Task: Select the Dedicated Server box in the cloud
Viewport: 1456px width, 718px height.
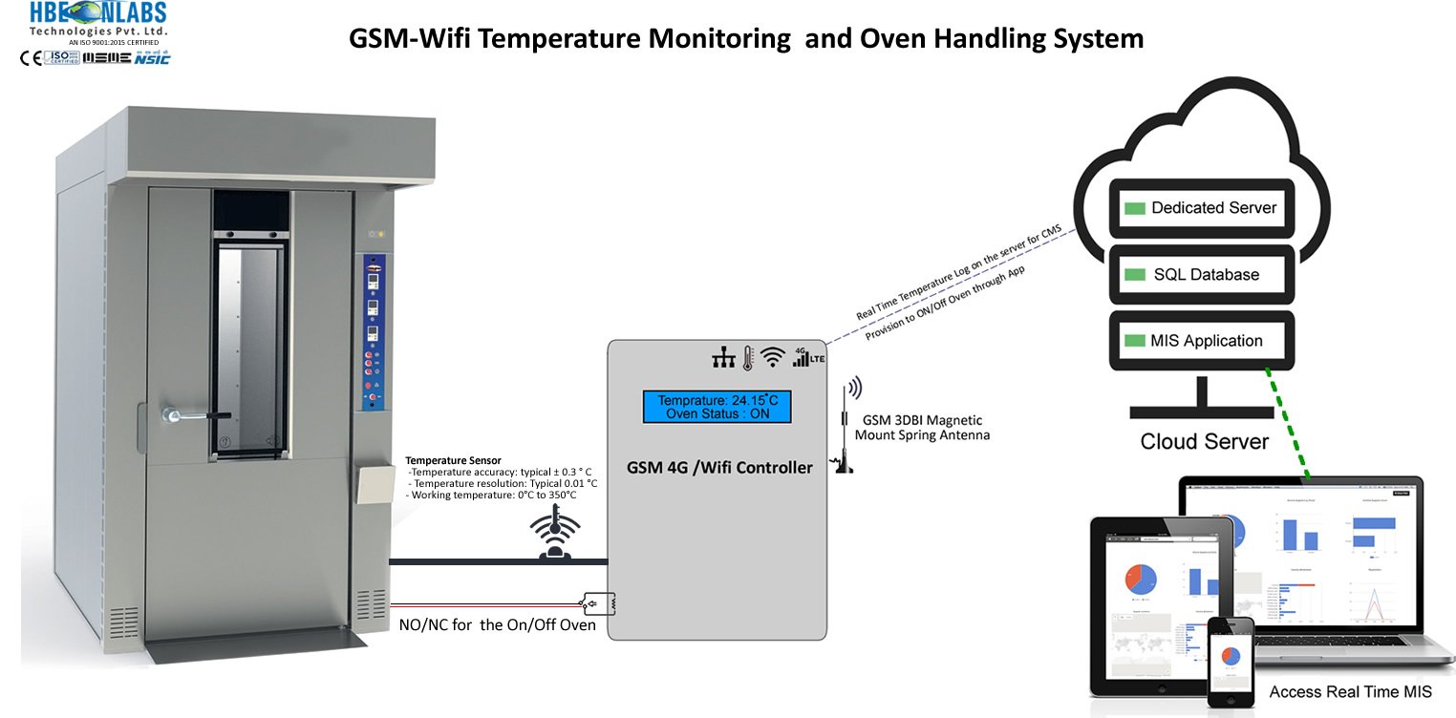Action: [1202, 208]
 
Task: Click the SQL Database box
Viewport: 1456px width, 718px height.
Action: [1202, 275]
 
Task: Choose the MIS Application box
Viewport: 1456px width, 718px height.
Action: [1202, 341]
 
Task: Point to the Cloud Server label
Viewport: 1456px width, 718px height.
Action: [1204, 442]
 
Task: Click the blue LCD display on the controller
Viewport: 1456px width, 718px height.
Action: [717, 406]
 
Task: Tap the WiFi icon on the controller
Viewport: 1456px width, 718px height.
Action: [774, 356]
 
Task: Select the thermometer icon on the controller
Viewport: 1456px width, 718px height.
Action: [749, 357]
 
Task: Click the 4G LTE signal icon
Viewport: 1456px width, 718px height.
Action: [808, 355]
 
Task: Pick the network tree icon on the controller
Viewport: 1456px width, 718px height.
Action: [723, 357]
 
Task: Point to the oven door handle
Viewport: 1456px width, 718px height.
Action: [196, 415]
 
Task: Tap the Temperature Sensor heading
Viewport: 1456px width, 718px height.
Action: [453, 460]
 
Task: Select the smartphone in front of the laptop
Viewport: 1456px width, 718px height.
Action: [1231, 661]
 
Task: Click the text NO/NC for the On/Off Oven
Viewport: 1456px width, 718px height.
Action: [497, 625]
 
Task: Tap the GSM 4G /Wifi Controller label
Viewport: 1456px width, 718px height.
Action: [719, 468]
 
